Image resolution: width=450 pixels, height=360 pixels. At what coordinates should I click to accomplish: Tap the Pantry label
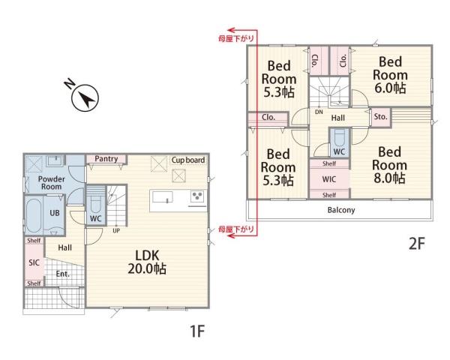[106, 159]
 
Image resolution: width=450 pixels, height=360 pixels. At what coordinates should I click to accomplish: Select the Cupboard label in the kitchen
[188, 160]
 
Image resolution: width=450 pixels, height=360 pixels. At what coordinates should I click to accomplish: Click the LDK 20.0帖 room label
[147, 262]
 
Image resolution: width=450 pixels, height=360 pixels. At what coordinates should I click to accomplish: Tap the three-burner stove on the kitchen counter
[198, 196]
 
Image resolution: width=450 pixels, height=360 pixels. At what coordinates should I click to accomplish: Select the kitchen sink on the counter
[163, 197]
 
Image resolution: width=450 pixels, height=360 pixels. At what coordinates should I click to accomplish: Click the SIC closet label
[34, 262]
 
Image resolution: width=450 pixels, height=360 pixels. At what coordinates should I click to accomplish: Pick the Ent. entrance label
[62, 274]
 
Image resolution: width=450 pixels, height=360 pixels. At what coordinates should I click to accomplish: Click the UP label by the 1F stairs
[116, 230]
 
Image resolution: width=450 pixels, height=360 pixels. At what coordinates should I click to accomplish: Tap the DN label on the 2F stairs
[319, 112]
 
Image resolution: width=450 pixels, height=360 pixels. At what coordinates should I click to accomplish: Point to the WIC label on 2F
[329, 179]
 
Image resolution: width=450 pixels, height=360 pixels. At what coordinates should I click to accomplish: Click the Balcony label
[341, 210]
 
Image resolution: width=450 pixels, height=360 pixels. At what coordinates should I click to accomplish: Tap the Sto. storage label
[380, 116]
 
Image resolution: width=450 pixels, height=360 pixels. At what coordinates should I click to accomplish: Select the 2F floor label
[416, 244]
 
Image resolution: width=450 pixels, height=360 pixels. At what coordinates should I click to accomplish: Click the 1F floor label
[197, 331]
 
